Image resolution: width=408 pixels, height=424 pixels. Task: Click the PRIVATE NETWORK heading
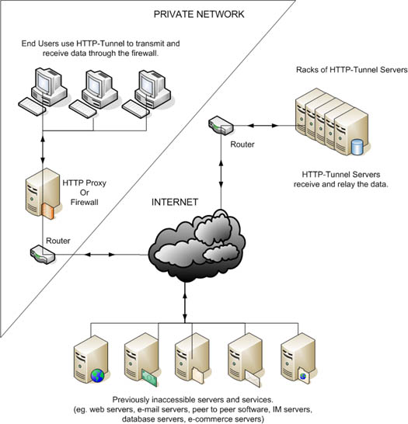pyautogui.click(x=199, y=14)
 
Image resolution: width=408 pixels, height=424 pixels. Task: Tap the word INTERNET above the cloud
pyautogui.click(x=175, y=202)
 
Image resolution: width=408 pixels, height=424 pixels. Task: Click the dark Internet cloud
pyautogui.click(x=197, y=245)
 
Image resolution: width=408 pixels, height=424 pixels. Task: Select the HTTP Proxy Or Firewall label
pyautogui.click(x=84, y=193)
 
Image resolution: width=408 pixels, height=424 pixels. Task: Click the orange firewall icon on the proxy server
pyautogui.click(x=48, y=211)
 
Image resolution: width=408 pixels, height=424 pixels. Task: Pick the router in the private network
pyautogui.click(x=43, y=255)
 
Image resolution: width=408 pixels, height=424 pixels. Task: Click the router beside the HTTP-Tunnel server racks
pyautogui.click(x=221, y=125)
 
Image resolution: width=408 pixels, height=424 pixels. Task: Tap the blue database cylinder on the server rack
pyautogui.click(x=357, y=147)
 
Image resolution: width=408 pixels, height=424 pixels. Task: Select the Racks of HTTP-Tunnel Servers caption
pyautogui.click(x=351, y=70)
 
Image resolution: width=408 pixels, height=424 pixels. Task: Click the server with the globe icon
pyautogui.click(x=92, y=359)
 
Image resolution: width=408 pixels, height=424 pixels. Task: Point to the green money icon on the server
pyautogui.click(x=149, y=377)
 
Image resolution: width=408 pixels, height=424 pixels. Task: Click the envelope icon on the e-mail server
pyautogui.click(x=252, y=379)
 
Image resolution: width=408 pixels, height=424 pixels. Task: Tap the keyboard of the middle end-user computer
pyautogui.click(x=83, y=109)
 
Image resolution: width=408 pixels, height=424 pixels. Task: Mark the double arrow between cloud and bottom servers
pyautogui.click(x=185, y=302)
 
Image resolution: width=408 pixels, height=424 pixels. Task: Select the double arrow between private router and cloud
pyautogui.click(x=99, y=255)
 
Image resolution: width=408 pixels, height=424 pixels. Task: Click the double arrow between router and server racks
pyautogui.click(x=263, y=126)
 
